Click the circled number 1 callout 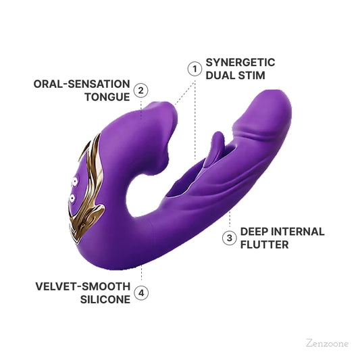(x=195, y=69)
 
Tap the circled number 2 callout (x=140, y=91)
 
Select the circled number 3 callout (x=230, y=238)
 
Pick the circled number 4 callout (x=140, y=292)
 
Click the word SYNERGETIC (x=241, y=62)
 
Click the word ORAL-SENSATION (x=82, y=84)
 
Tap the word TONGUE (x=106, y=97)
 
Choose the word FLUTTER (x=265, y=244)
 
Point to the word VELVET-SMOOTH (x=82, y=286)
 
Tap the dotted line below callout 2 (x=140, y=108)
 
